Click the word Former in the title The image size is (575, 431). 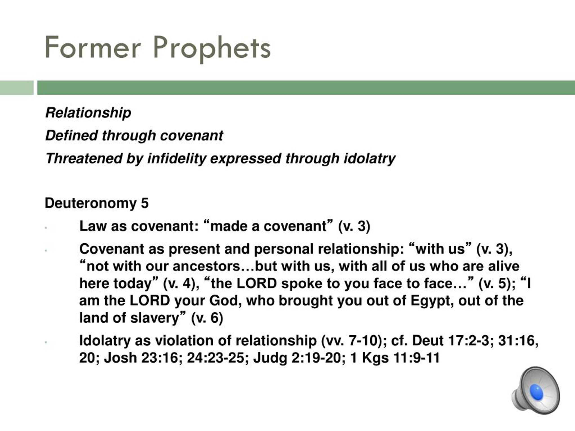click(93, 48)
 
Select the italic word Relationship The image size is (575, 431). click(88, 113)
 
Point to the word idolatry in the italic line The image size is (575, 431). click(369, 159)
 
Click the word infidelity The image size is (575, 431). click(177, 159)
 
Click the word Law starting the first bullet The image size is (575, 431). click(93, 226)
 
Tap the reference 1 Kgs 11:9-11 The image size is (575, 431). click(395, 358)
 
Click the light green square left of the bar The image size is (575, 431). click(17, 88)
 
